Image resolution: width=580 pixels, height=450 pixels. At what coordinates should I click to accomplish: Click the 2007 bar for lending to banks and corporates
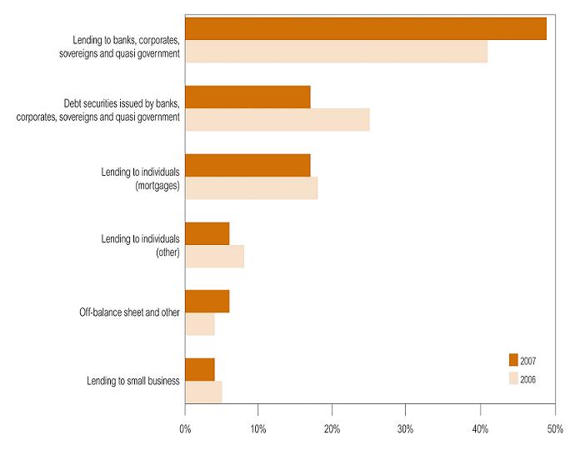pyautogui.click(x=366, y=28)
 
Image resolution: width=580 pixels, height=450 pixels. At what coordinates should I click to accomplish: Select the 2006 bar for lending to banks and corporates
pyautogui.click(x=336, y=52)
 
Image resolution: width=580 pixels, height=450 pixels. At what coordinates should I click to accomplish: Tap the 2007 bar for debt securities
pyautogui.click(x=247, y=97)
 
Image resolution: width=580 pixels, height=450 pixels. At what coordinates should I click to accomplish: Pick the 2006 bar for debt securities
pyautogui.click(x=277, y=120)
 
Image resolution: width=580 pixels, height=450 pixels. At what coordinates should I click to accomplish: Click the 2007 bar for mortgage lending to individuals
pyautogui.click(x=247, y=165)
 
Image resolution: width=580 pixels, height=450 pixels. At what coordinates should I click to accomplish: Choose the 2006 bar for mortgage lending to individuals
pyautogui.click(x=251, y=188)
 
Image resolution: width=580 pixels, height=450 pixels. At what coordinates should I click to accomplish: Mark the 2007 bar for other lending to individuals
pyautogui.click(x=207, y=233)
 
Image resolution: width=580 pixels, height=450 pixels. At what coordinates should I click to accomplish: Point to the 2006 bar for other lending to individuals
pyautogui.click(x=214, y=257)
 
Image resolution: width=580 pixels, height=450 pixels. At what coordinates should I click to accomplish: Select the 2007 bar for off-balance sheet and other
pyautogui.click(x=207, y=301)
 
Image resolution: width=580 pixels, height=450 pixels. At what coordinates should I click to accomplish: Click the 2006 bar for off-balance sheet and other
pyautogui.click(x=200, y=324)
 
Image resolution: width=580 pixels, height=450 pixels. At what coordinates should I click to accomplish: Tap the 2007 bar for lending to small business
pyautogui.click(x=200, y=369)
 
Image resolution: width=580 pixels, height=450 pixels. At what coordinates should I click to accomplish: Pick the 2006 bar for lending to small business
pyautogui.click(x=203, y=392)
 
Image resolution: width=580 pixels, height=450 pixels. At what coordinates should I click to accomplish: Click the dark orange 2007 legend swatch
pyautogui.click(x=513, y=360)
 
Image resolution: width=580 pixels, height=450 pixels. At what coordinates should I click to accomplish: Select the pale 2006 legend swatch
pyautogui.click(x=513, y=379)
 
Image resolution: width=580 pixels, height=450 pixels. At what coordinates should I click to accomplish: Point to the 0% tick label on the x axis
pyautogui.click(x=185, y=429)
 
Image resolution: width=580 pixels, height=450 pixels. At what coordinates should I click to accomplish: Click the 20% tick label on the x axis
pyautogui.click(x=332, y=429)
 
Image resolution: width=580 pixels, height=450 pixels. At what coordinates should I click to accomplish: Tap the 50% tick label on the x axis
pyautogui.click(x=552, y=429)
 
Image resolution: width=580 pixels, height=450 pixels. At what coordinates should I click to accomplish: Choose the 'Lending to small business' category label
pyautogui.click(x=133, y=381)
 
